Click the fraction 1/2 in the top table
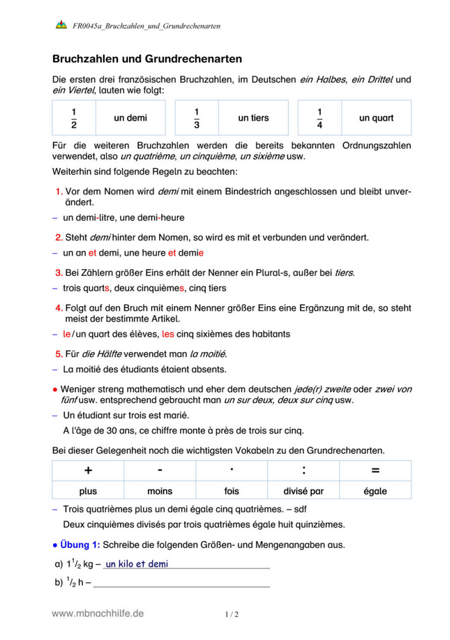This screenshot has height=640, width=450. point(73,118)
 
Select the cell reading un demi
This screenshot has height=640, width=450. point(130,119)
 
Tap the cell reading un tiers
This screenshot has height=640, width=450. point(253,119)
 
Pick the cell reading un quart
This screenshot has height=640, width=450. point(376,119)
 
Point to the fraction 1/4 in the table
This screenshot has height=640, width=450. point(320,118)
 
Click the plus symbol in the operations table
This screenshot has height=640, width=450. point(88,471)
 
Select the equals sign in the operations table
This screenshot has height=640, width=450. point(375,471)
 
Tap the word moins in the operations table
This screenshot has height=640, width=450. point(160,491)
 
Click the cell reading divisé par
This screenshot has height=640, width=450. point(303,491)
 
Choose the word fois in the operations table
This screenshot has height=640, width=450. point(232,491)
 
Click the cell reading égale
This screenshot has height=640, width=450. point(375,491)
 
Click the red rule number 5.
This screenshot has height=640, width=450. point(59,353)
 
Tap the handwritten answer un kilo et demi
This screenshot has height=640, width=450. point(137,564)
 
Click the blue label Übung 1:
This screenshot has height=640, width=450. point(80,544)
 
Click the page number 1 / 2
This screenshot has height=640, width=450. point(232,615)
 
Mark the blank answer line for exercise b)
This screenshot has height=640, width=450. point(181,586)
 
